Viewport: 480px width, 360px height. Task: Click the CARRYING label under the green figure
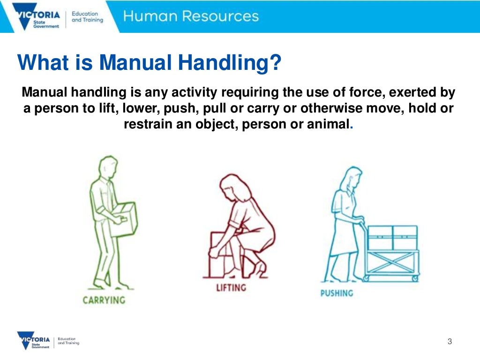tap(104, 300)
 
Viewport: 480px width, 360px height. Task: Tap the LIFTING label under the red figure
tap(231, 287)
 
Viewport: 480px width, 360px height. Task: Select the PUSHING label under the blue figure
tap(336, 293)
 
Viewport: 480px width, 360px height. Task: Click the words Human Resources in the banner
tap(191, 16)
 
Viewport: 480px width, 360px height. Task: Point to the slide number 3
tap(450, 341)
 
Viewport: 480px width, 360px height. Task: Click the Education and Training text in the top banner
tap(87, 17)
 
